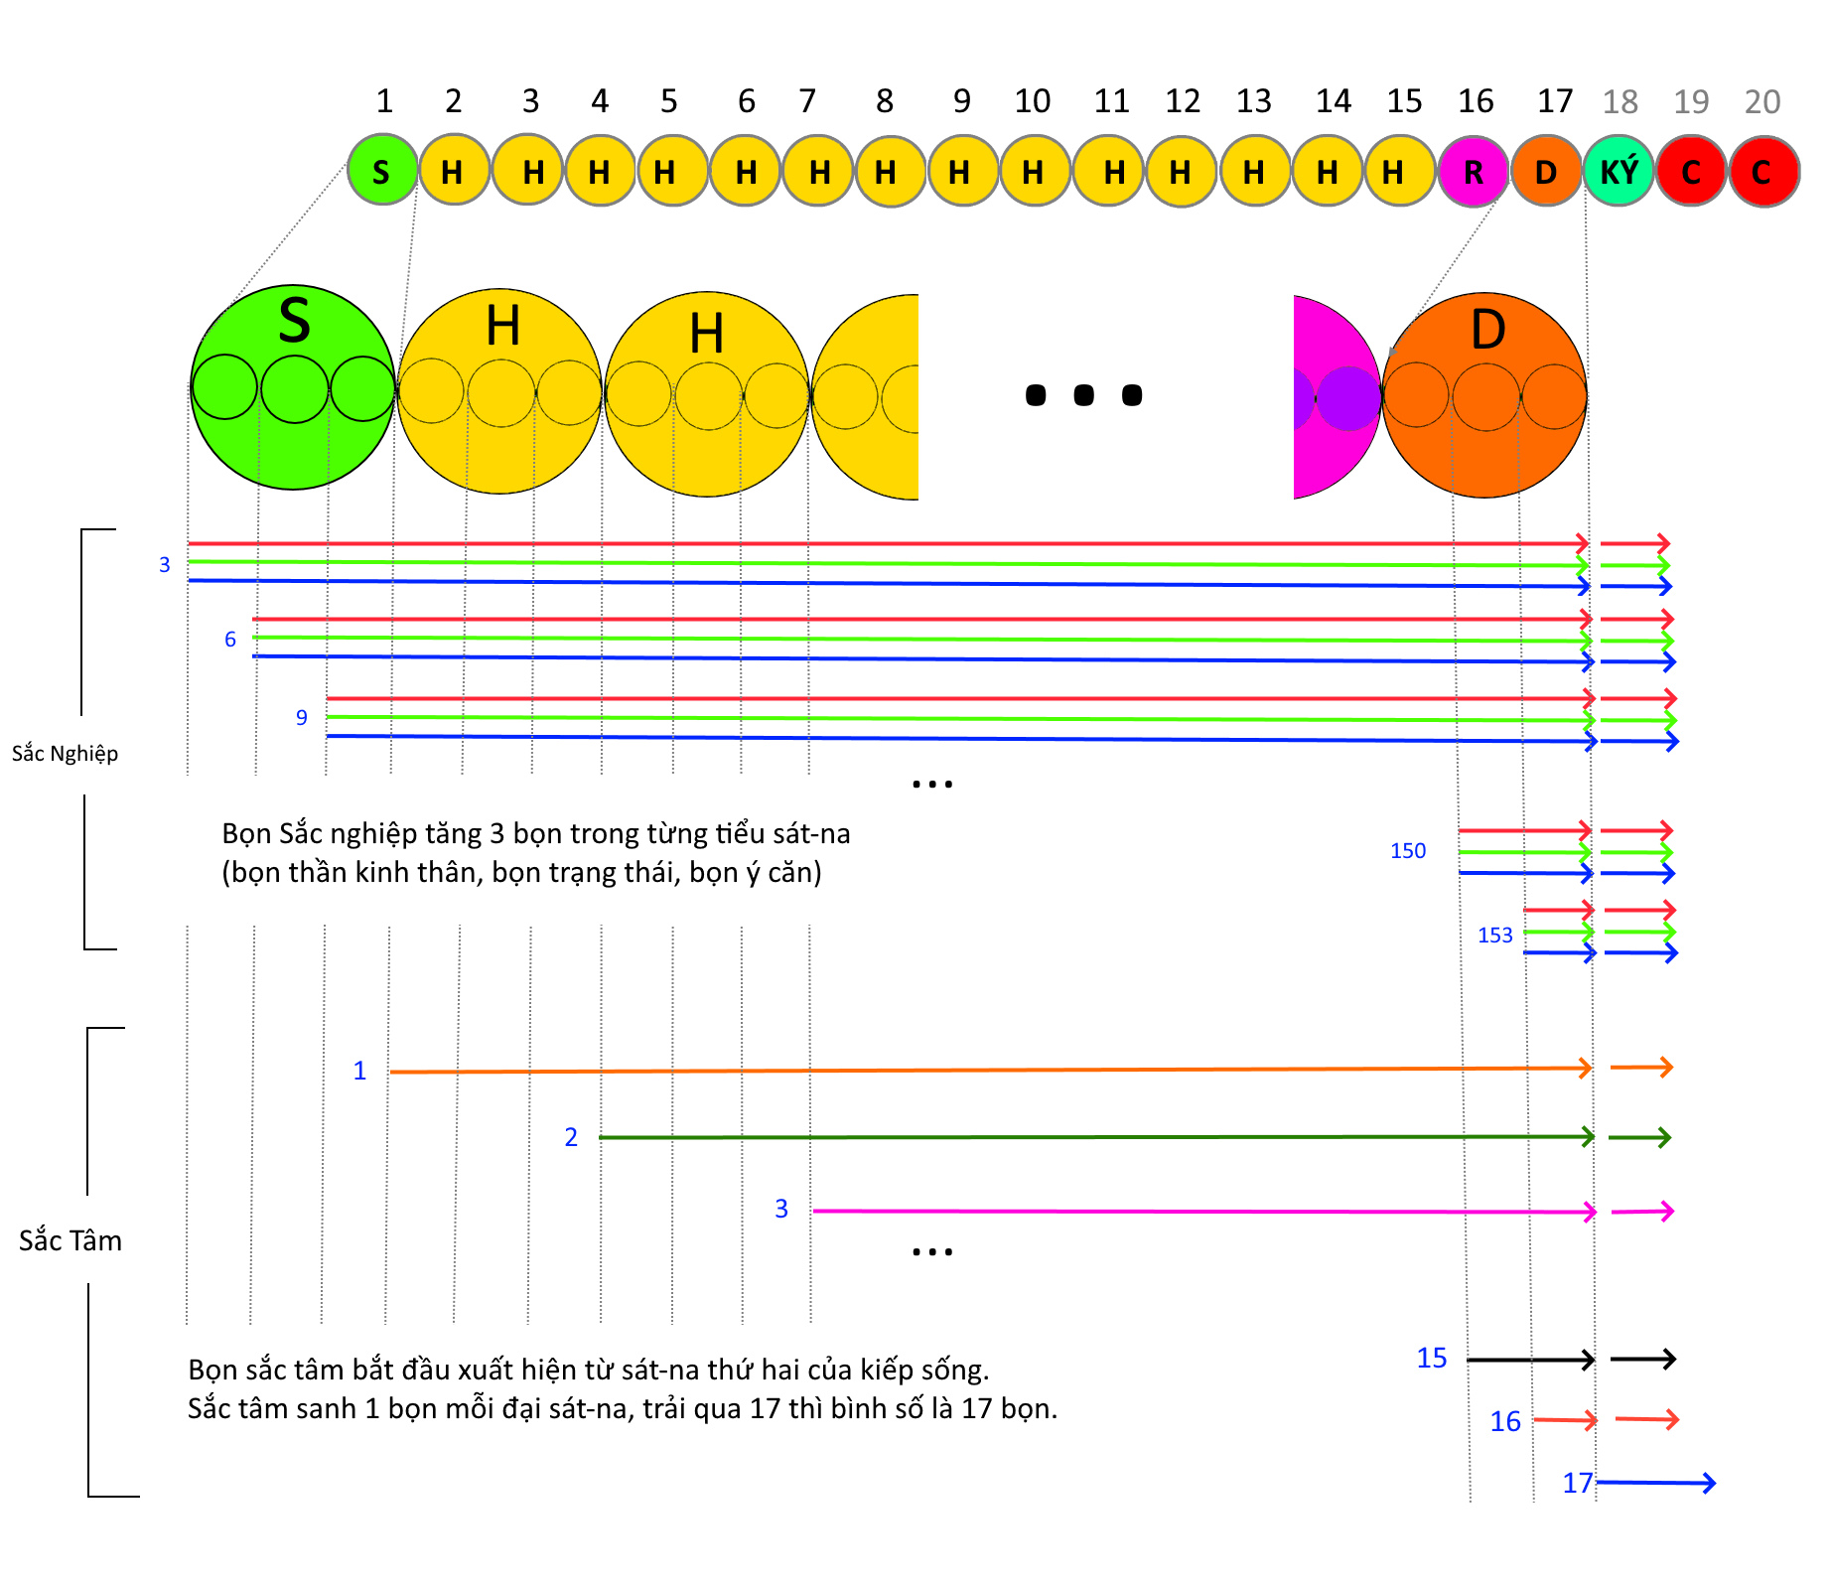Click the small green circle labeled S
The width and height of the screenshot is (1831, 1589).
click(382, 170)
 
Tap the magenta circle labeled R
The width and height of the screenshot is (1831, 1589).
click(1474, 172)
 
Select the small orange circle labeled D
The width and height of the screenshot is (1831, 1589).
click(1546, 172)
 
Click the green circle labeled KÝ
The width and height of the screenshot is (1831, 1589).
click(1619, 172)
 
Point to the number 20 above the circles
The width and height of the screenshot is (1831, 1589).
click(1762, 101)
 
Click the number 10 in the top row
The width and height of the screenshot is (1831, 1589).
click(1033, 101)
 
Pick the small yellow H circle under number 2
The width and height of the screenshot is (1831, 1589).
click(454, 170)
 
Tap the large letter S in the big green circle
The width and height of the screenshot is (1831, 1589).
click(295, 320)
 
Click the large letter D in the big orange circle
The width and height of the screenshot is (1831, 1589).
click(1487, 330)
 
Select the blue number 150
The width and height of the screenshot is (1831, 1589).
click(1408, 851)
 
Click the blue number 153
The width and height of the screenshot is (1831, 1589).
click(1495, 936)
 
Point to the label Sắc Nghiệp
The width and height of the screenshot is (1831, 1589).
click(65, 754)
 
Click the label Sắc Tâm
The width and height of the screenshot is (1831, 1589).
click(70, 1240)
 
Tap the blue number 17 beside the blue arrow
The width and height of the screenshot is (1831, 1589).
click(1578, 1483)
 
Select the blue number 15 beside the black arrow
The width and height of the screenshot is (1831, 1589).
click(1432, 1358)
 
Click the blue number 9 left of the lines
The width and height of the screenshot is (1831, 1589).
click(302, 717)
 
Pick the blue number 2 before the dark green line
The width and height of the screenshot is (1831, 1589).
click(571, 1137)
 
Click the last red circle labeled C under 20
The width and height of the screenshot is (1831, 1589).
click(1763, 172)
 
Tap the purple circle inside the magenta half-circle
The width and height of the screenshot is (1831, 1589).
click(1348, 398)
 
